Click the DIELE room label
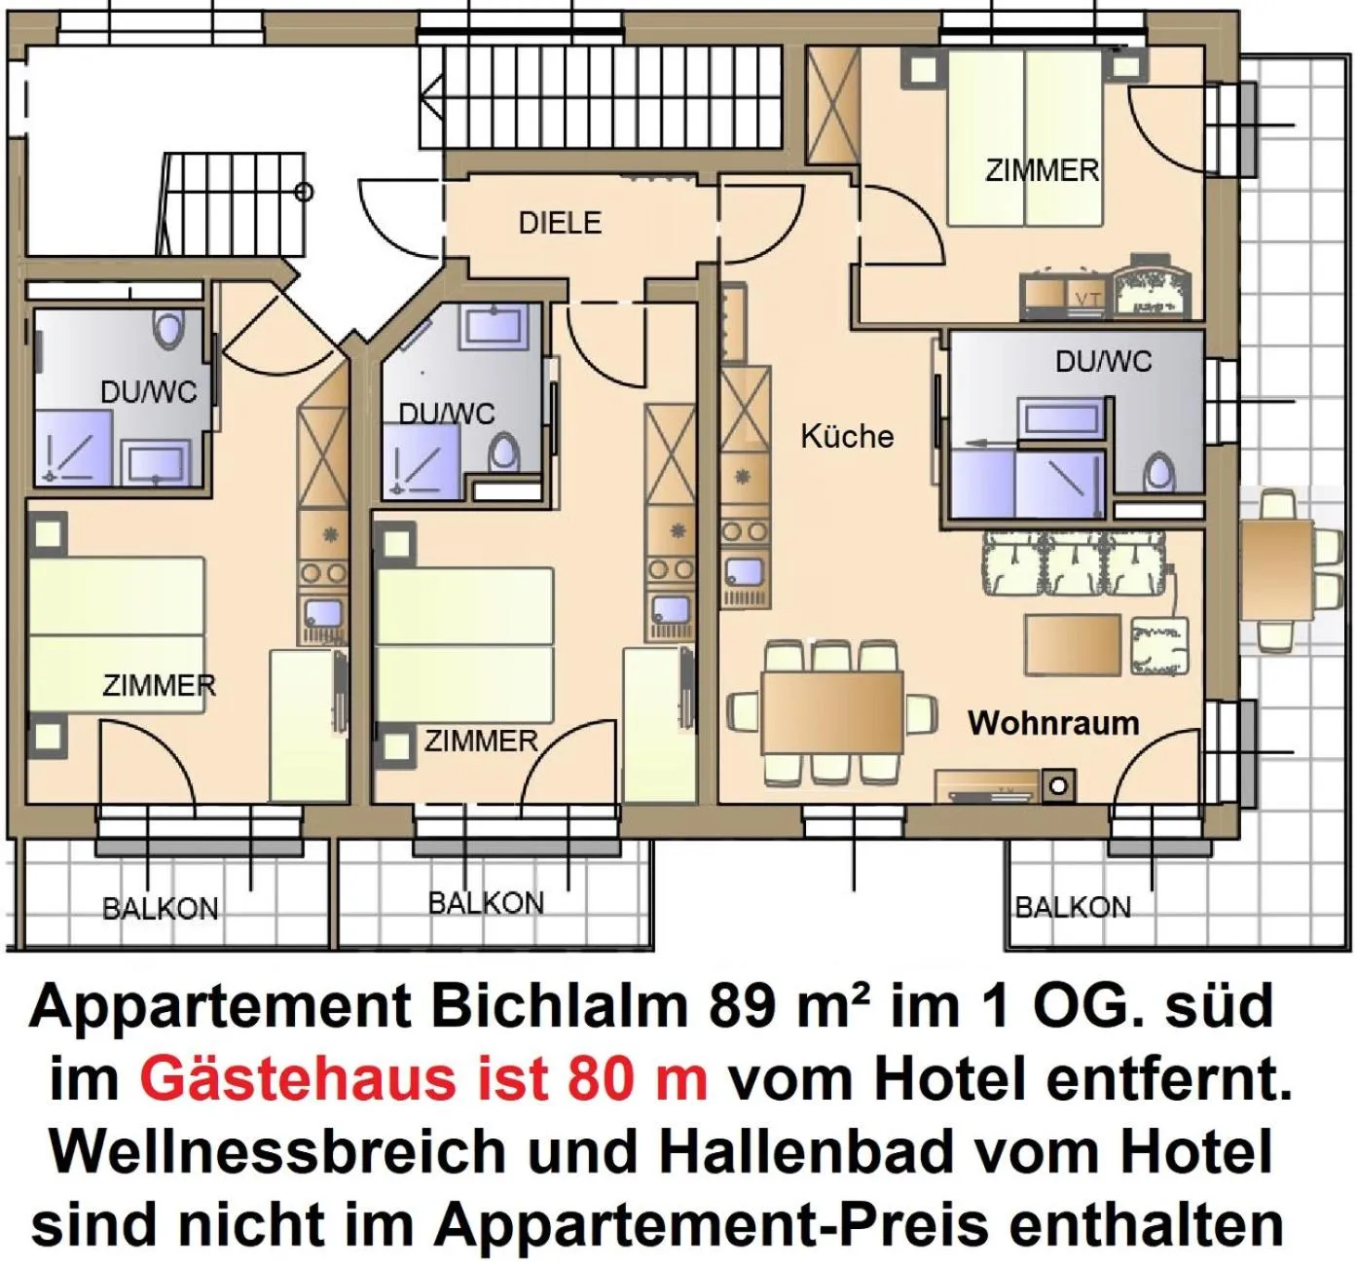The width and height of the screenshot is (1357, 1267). coord(560,223)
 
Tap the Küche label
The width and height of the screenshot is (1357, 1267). coord(847,436)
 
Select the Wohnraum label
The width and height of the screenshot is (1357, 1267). coord(1053,723)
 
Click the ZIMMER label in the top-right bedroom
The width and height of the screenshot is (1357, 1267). coord(1042,170)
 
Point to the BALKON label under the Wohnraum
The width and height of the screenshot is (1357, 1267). coord(1073,908)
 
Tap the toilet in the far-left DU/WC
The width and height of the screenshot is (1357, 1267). coord(169,329)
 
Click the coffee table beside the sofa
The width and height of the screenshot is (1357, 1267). coord(1072,644)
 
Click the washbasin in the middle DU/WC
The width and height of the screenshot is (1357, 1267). coord(495,325)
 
